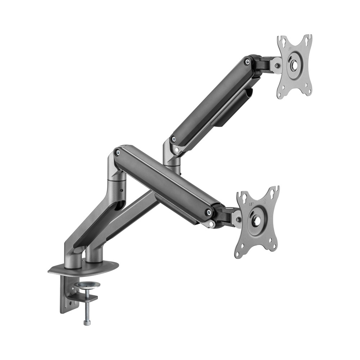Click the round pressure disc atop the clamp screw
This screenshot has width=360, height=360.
coord(89,285)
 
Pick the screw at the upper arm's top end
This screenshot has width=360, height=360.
coord(247,62)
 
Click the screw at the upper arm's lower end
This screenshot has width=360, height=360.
coord(174,139)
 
